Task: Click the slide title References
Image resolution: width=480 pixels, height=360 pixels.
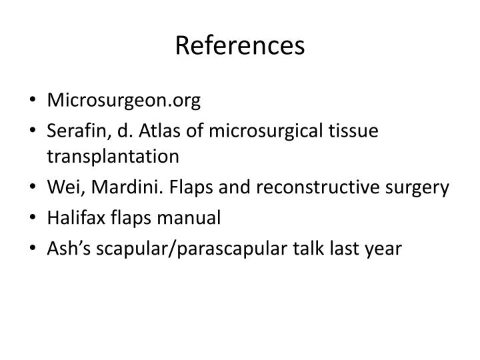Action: pyautogui.click(x=240, y=45)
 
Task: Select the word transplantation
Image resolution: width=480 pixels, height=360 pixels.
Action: pyautogui.click(x=113, y=158)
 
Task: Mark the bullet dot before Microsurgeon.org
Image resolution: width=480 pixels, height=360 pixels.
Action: pyautogui.click(x=33, y=101)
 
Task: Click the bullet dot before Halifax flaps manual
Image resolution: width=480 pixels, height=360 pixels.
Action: pyautogui.click(x=33, y=218)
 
